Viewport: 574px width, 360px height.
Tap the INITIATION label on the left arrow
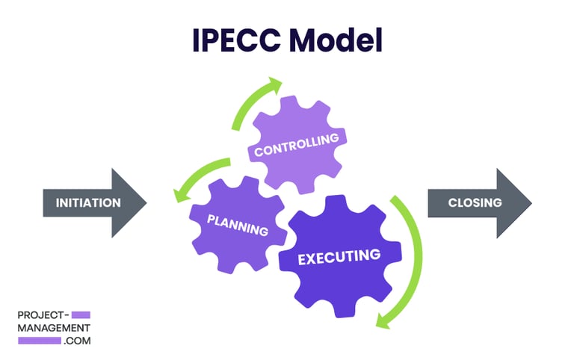88,202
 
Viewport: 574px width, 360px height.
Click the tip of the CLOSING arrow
530,202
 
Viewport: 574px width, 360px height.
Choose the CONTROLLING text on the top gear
297,144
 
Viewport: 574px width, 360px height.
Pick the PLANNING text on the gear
238,225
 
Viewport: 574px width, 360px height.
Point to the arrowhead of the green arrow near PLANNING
180,196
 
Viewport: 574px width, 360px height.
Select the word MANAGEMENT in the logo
53,327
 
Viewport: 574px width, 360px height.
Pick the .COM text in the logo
77,340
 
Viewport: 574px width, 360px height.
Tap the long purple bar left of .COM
39,340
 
